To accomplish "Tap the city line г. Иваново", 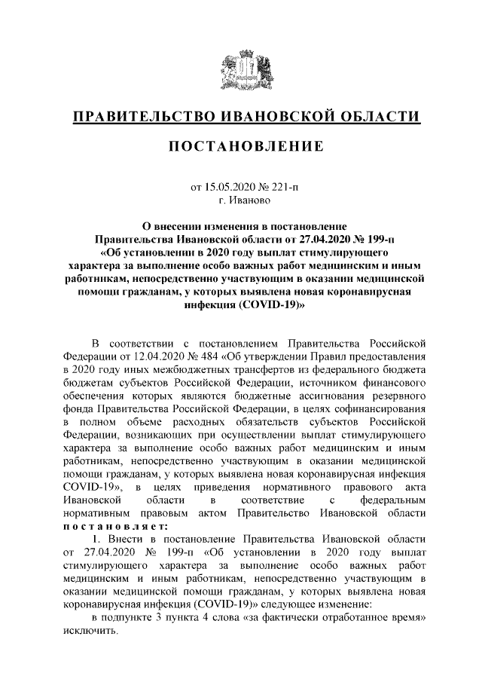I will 241,201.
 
